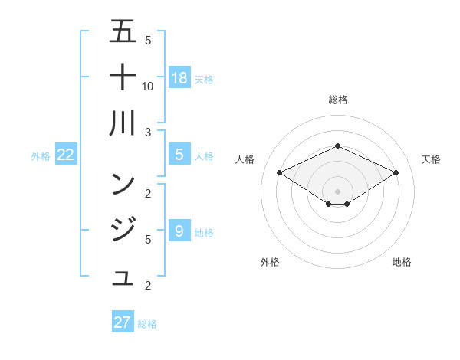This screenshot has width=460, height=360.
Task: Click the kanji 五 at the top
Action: tap(123, 32)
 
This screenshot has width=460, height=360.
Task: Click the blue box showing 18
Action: tap(179, 77)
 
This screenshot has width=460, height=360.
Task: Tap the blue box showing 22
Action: tap(65, 155)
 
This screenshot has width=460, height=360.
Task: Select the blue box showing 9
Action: tap(179, 231)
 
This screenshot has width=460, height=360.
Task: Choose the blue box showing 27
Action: tap(123, 322)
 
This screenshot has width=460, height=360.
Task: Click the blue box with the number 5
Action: tap(179, 155)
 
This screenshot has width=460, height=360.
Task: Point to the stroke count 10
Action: tap(148, 87)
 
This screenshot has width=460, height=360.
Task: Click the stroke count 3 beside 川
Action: tap(148, 132)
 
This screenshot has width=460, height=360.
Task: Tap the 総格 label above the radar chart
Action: tap(337, 100)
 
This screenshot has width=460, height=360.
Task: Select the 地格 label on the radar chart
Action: tap(402, 262)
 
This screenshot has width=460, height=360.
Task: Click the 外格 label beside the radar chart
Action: tap(270, 262)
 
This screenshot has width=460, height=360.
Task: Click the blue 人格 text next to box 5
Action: tap(204, 156)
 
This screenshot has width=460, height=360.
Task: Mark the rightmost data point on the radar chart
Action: tap(396, 172)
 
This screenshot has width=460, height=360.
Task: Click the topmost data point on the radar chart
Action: tap(337, 146)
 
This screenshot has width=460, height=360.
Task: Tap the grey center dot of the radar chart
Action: tap(337, 191)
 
